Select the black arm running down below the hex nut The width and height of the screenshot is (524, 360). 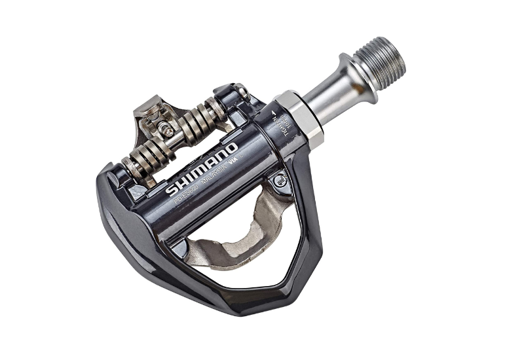tap(309, 196)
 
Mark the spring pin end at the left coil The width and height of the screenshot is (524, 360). tap(128, 167)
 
